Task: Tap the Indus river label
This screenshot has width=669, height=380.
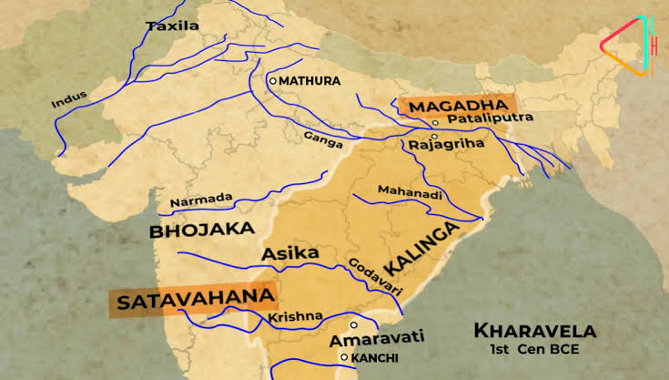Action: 66,99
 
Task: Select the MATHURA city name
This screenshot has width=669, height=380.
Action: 309,81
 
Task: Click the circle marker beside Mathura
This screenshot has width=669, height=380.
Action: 272,81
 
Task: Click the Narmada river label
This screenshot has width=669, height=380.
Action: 202,198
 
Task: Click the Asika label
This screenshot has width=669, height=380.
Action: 290,252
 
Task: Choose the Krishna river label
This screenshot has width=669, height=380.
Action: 295,317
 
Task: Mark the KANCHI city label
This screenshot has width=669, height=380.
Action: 375,357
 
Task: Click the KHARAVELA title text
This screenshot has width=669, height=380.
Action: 535,330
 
